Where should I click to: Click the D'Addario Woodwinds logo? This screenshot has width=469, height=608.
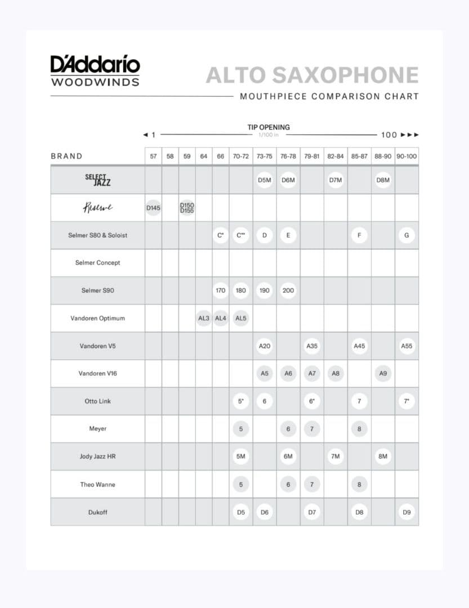(95, 71)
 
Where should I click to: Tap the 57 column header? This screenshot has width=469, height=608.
(153, 157)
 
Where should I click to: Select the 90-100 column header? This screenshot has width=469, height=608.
(407, 157)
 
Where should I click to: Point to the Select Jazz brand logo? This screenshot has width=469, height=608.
(97, 180)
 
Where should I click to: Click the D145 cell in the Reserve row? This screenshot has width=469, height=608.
(153, 208)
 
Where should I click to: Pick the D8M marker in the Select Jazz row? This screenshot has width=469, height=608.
(383, 180)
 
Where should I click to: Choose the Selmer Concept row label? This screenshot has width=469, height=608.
(97, 263)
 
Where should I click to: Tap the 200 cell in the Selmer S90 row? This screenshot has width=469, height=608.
(288, 290)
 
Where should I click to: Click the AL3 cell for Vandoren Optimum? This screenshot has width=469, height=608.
(204, 318)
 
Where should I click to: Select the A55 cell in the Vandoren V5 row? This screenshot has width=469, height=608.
(407, 346)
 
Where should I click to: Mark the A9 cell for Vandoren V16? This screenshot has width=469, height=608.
(383, 373)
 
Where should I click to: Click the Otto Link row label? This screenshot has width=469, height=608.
(97, 401)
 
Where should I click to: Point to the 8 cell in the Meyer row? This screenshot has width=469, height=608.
(359, 429)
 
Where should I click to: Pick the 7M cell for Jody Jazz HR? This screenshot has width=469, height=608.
(335, 457)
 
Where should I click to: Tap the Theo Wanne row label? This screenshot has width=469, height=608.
(97, 484)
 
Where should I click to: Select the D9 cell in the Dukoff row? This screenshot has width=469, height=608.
(407, 512)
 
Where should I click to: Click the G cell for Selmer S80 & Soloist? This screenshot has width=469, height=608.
(407, 235)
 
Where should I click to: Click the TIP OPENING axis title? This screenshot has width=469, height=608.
(269, 127)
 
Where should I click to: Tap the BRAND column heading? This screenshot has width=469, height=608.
(66, 157)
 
